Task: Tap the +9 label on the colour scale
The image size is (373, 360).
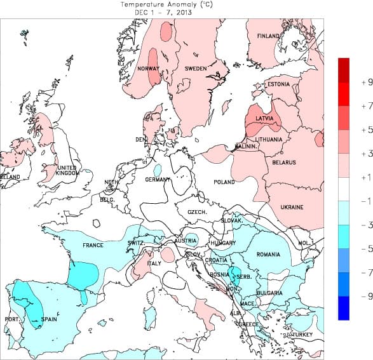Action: pyautogui.click(x=349, y=82)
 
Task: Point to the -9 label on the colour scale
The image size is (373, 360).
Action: pyautogui.click(x=349, y=296)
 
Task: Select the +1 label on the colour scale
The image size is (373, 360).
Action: pyautogui.click(x=349, y=177)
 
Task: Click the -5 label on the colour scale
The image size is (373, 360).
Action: pyautogui.click(x=349, y=248)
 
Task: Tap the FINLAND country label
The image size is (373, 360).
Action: pyautogui.click(x=268, y=36)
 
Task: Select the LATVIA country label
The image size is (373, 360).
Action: pyautogui.click(x=264, y=118)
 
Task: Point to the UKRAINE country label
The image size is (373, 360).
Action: pyautogui.click(x=292, y=207)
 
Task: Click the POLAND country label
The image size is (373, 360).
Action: pyautogui.click(x=224, y=182)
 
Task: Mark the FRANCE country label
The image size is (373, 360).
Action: pyautogui.click(x=93, y=245)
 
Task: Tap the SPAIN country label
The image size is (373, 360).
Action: pyautogui.click(x=50, y=319)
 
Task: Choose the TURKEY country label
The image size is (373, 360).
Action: pyautogui.click(x=303, y=334)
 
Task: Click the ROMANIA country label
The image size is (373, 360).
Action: pyautogui.click(x=269, y=255)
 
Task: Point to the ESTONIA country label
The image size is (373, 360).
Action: pyautogui.click(x=278, y=84)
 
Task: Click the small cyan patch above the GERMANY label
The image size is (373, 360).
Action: pyautogui.click(x=158, y=170)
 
